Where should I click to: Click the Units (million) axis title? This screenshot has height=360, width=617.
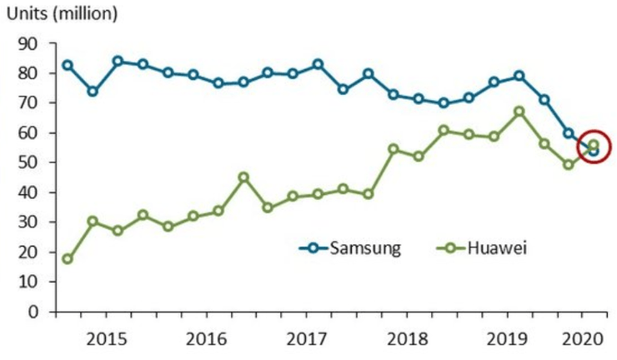60,13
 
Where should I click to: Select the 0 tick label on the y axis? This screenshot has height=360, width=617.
36,312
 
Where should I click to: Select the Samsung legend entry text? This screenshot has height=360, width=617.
365,247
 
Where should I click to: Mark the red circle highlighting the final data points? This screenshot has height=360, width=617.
593,147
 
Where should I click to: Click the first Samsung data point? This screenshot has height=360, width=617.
68,65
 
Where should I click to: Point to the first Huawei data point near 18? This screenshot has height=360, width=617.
68,258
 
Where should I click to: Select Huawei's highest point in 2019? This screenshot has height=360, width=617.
519,112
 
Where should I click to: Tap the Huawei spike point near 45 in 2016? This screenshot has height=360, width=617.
243,177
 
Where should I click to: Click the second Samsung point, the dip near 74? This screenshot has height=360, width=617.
93,91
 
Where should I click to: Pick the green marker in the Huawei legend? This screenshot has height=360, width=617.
451,247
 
